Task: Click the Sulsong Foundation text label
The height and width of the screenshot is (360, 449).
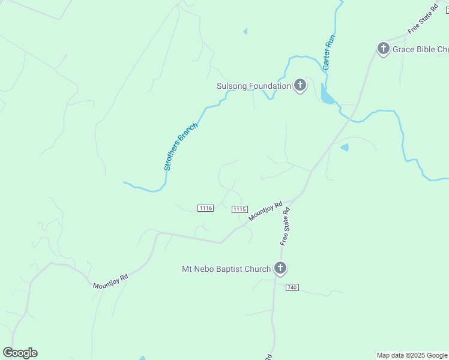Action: (x=253, y=86)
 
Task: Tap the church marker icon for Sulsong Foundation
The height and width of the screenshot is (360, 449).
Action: (x=300, y=86)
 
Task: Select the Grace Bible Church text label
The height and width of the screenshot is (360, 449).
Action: (x=420, y=49)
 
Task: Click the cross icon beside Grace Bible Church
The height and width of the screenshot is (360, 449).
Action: (x=384, y=49)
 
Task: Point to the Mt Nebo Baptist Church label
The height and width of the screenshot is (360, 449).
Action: (x=226, y=269)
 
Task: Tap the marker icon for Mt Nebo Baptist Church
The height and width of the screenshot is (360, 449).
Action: (x=280, y=268)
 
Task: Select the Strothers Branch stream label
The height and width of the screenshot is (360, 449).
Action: (x=181, y=146)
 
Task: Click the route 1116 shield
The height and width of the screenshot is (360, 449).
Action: (x=205, y=208)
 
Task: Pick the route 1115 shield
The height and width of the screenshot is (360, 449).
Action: (x=240, y=209)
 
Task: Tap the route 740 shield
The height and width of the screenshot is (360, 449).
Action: (x=292, y=287)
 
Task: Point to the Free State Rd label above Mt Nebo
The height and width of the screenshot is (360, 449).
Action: (x=285, y=226)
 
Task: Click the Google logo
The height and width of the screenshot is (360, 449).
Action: (x=20, y=353)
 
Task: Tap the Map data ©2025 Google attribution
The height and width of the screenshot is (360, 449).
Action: (x=412, y=355)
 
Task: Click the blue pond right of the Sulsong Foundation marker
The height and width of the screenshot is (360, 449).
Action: (x=327, y=95)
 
